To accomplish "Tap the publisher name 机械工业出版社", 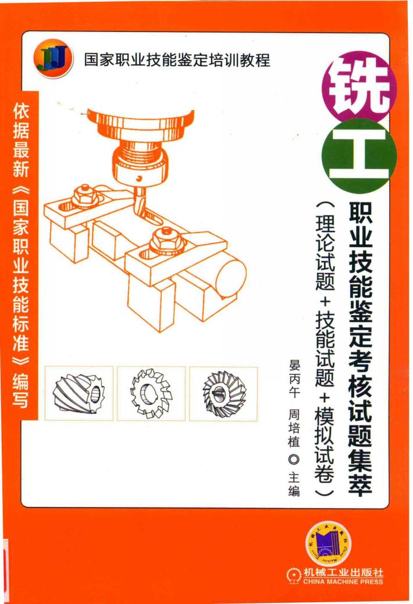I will (343, 572).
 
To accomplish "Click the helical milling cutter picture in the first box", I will (78, 394).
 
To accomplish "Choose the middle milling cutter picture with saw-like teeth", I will (151, 394).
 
